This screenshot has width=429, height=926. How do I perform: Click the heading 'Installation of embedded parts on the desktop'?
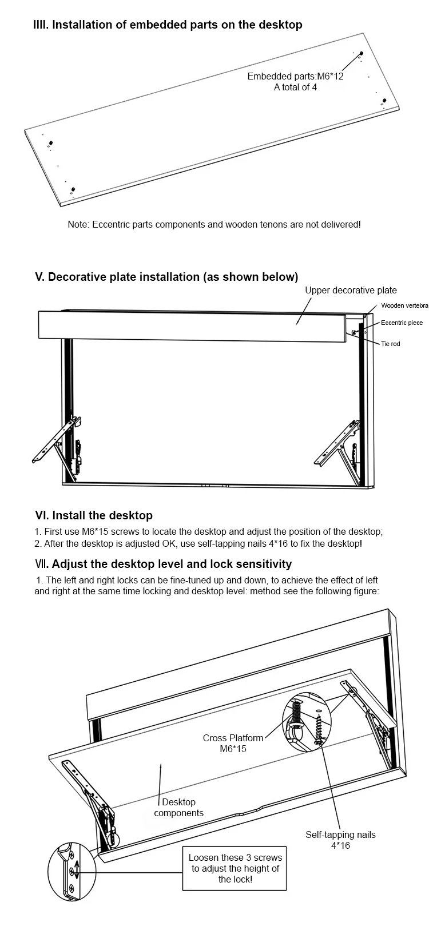pyautogui.click(x=168, y=25)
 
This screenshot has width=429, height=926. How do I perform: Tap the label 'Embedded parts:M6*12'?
pyautogui.click(x=295, y=76)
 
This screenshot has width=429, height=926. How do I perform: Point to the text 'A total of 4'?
pyautogui.click(x=295, y=88)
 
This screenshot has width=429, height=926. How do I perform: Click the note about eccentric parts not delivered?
pyautogui.click(x=214, y=224)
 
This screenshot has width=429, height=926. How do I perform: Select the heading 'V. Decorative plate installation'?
pyautogui.click(x=166, y=277)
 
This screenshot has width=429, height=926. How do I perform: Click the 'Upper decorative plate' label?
pyautogui.click(x=350, y=291)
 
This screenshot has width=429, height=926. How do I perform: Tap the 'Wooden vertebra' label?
pyautogui.click(x=404, y=306)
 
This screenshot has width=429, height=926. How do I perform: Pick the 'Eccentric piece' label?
pyautogui.click(x=402, y=323)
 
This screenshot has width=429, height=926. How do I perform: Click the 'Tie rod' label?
pyautogui.click(x=391, y=344)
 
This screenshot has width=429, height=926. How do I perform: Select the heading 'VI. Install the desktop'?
pyautogui.click(x=94, y=515)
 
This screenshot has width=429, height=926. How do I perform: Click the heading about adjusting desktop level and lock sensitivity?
pyautogui.click(x=163, y=564)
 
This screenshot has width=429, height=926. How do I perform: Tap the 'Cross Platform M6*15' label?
pyautogui.click(x=233, y=743)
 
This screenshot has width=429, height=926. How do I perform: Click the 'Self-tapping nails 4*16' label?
pyautogui.click(x=340, y=840)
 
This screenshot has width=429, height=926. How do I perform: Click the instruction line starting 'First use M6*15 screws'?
pyautogui.click(x=209, y=531)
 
